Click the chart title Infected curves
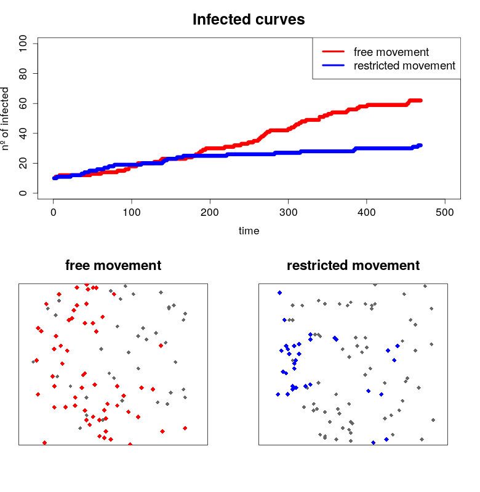[249, 20]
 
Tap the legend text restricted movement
[404, 66]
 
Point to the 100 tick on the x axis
[132, 212]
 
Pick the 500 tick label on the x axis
[445, 212]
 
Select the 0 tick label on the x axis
[54, 212]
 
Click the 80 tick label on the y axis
[25, 73]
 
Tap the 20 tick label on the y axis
[25, 163]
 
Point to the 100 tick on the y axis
[25, 44]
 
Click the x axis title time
[249, 231]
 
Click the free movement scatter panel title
[113, 266]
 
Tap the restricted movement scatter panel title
[353, 266]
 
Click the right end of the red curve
[420, 100]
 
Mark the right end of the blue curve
[420, 145]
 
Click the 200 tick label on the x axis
[210, 212]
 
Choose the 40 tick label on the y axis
[25, 133]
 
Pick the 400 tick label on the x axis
[367, 212]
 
